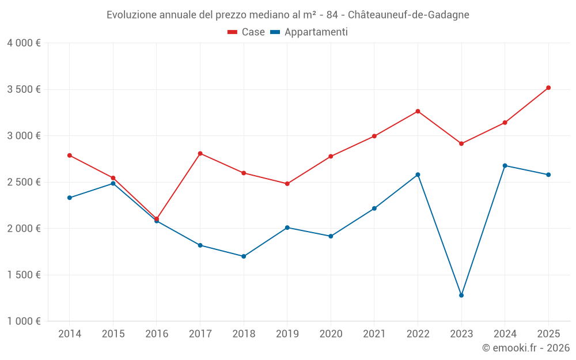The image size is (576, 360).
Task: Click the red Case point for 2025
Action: pos(548,88)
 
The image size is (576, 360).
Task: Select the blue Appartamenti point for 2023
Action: pos(461,295)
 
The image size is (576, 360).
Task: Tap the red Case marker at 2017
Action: pos(200,153)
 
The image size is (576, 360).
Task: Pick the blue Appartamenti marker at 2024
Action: pos(505,165)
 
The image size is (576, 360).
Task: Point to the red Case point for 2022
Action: pos(418,111)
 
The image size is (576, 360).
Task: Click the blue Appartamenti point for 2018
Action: pos(244,256)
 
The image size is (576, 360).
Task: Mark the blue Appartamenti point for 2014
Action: pos(70,198)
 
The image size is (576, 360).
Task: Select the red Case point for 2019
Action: pos(287,184)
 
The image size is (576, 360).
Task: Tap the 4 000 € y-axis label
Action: pos(24,43)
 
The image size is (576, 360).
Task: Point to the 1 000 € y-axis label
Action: pos(24,321)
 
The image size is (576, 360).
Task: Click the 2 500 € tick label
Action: pos(24,182)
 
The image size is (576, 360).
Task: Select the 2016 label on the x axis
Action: pos(157,334)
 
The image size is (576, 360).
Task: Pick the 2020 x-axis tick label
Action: pos(331,334)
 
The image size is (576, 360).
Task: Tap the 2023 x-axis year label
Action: pos(461,334)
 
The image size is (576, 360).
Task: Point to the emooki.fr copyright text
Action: pos(525,348)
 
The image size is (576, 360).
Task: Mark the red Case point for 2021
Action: pos(374,136)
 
